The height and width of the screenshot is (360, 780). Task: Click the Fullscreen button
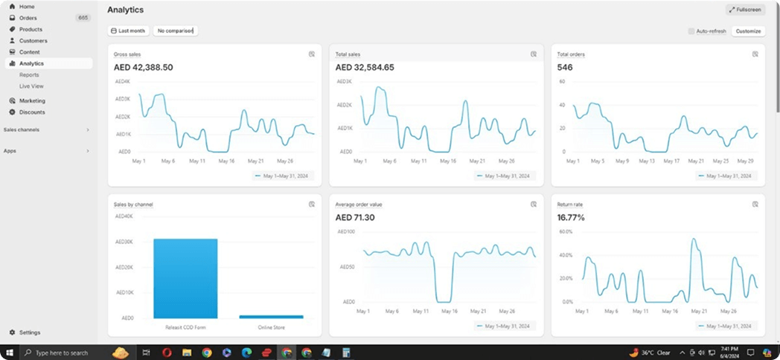point(745,10)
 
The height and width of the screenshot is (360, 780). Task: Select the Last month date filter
point(128,31)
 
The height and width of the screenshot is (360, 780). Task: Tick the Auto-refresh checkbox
point(691,31)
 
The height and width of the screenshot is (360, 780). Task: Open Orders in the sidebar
point(28,18)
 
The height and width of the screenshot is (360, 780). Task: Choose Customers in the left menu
point(33,41)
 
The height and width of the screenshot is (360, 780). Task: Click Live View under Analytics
point(31,86)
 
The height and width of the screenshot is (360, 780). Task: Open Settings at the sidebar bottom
point(30,332)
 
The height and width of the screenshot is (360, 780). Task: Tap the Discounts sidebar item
point(32,112)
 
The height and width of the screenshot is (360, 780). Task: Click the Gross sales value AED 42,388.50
point(143,68)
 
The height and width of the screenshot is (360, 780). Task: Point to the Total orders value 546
point(565,68)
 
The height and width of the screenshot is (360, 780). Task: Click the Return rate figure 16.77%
point(571,218)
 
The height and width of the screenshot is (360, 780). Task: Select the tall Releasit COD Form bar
point(185,277)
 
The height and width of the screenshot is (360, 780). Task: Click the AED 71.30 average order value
point(355,218)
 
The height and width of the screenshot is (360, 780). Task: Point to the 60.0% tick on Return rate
point(565,231)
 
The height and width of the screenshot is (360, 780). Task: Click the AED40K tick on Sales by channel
point(124,216)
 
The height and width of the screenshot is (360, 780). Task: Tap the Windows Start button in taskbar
point(10,353)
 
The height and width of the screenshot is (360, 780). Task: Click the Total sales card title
point(348,54)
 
